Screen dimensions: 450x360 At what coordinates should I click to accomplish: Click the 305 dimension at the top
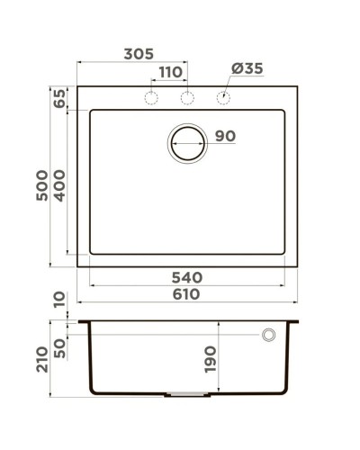[137, 54]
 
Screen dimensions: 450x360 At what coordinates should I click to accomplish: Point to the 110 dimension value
[170, 71]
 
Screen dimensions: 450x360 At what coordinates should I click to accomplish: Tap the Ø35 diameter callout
[247, 69]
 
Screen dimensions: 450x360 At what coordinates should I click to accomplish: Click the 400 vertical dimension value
[60, 184]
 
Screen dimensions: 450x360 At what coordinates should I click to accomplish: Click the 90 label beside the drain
[225, 137]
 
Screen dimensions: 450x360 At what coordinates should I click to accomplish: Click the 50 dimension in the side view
[60, 346]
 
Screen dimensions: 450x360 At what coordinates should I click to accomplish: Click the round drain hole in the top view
[187, 142]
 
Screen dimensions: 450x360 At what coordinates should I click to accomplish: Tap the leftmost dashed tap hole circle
[152, 97]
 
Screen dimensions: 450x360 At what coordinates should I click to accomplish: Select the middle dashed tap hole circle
[187, 97]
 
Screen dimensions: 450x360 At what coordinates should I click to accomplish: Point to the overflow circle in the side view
[267, 335]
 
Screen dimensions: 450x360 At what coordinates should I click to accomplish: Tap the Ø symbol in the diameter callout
[235, 69]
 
